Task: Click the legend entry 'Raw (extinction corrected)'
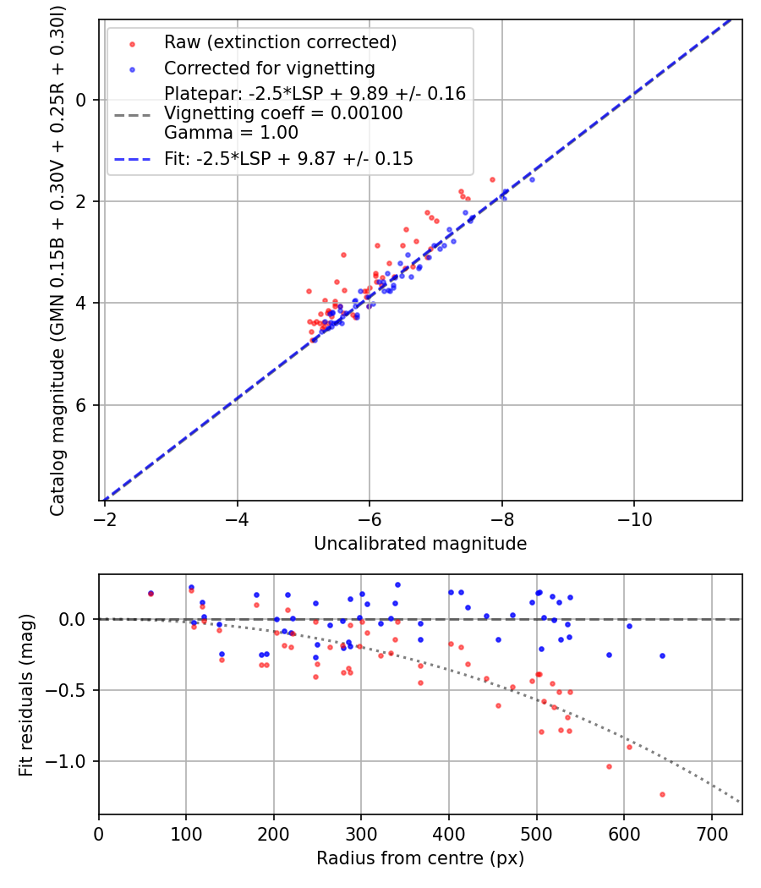[x=280, y=41]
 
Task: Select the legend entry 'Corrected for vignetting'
[x=269, y=68]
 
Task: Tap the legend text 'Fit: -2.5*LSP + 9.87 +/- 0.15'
[x=288, y=158]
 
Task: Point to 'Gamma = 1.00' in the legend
[x=231, y=132]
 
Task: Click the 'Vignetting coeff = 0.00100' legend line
[x=283, y=113]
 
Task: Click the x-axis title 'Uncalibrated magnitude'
[x=420, y=544]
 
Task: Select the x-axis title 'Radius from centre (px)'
[x=420, y=858]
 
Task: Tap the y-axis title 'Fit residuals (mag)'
[x=26, y=695]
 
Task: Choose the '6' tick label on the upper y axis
[x=82, y=405]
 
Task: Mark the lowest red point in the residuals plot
[x=662, y=794]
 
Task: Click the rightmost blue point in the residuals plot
[x=662, y=655]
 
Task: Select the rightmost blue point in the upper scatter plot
[x=532, y=179]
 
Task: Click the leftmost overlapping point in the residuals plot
[x=151, y=594]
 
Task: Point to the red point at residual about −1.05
[x=609, y=766]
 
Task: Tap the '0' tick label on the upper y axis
[x=82, y=100]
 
